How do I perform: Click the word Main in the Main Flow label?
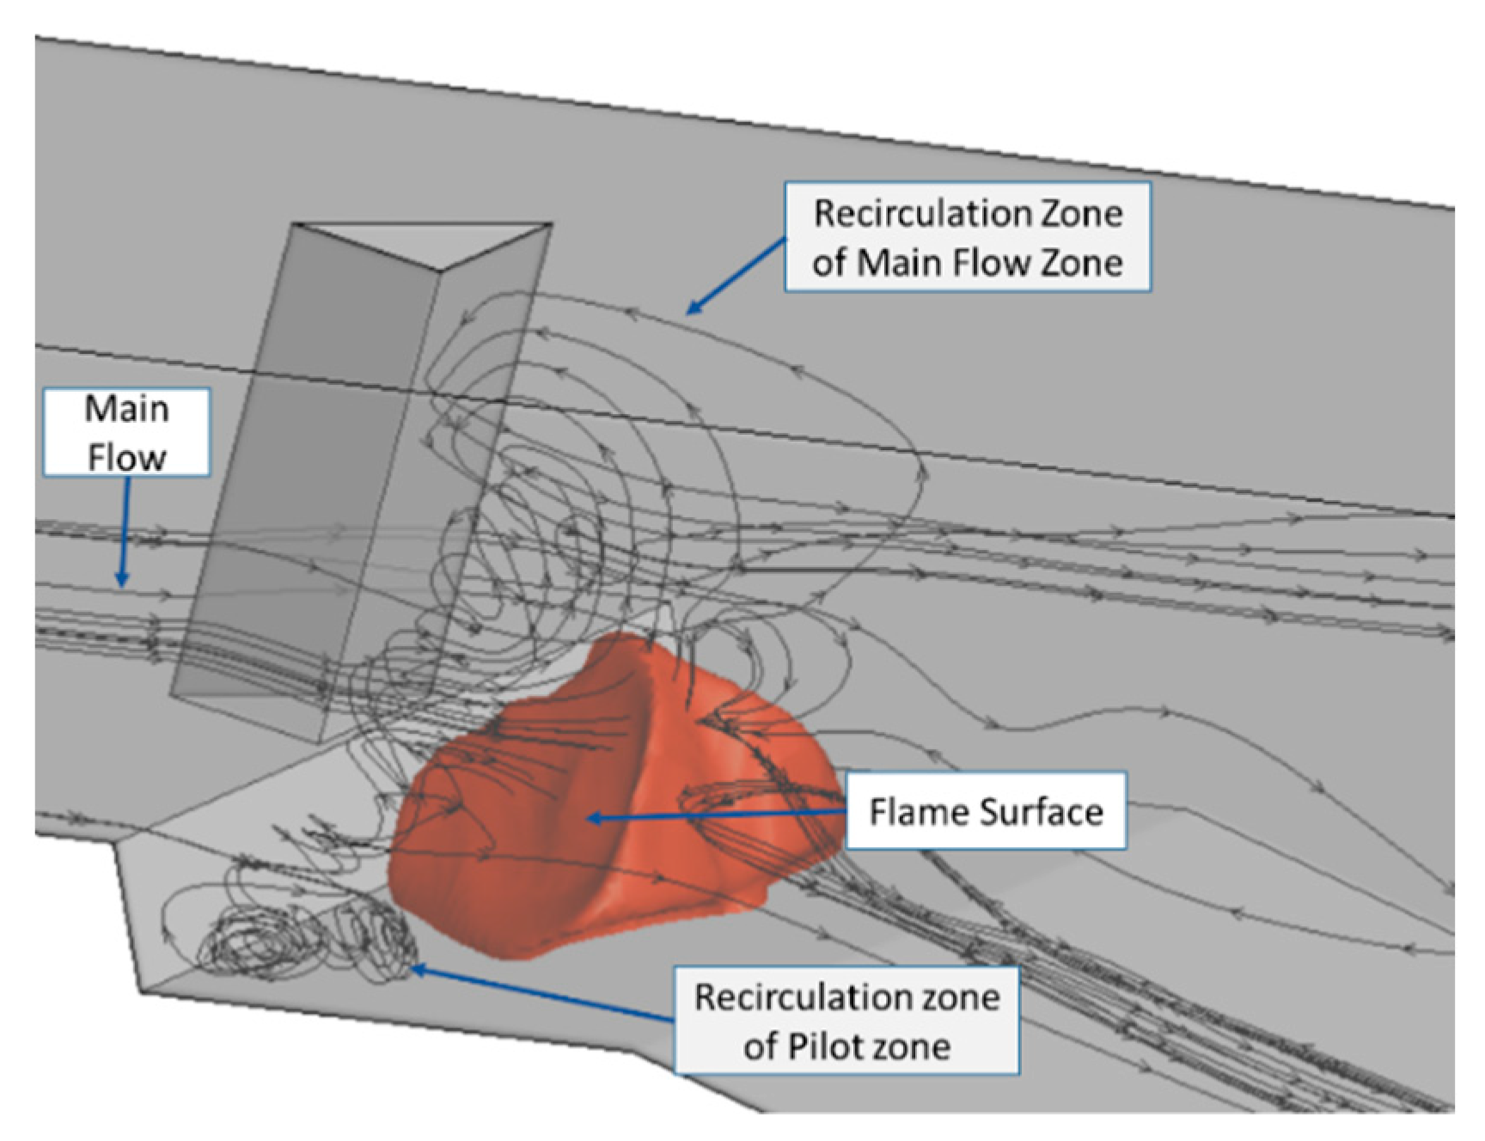click(126, 409)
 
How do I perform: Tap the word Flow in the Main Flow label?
click(126, 457)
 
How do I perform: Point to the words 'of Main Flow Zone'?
click(967, 262)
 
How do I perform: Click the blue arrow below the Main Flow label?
click(124, 533)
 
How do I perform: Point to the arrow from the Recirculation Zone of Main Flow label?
click(736, 277)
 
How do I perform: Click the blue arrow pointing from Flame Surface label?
click(713, 815)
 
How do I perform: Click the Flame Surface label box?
click(986, 811)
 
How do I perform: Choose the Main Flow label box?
click(126, 432)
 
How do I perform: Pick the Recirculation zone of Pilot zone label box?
click(846, 1021)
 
